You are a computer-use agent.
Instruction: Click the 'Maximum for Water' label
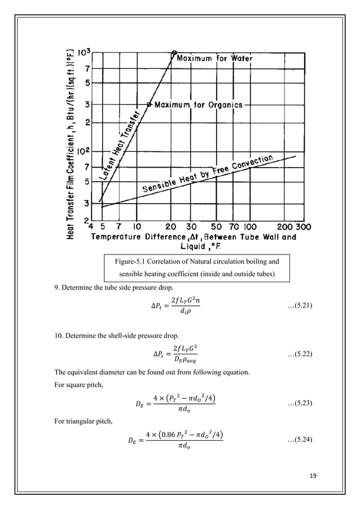216,58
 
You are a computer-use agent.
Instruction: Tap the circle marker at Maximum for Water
174,52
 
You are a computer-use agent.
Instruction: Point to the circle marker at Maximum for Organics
149,104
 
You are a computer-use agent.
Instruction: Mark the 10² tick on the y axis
84,151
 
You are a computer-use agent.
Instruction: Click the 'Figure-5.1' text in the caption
130,261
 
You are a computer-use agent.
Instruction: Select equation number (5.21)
301,305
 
